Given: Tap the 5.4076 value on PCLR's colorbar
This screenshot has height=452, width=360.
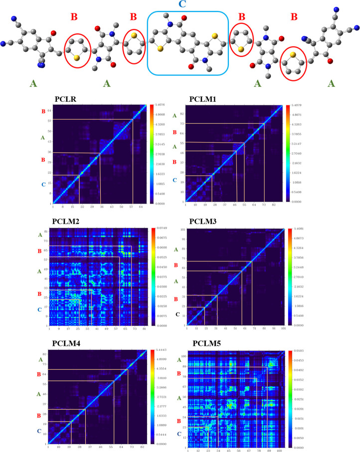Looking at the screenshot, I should (162, 106).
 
